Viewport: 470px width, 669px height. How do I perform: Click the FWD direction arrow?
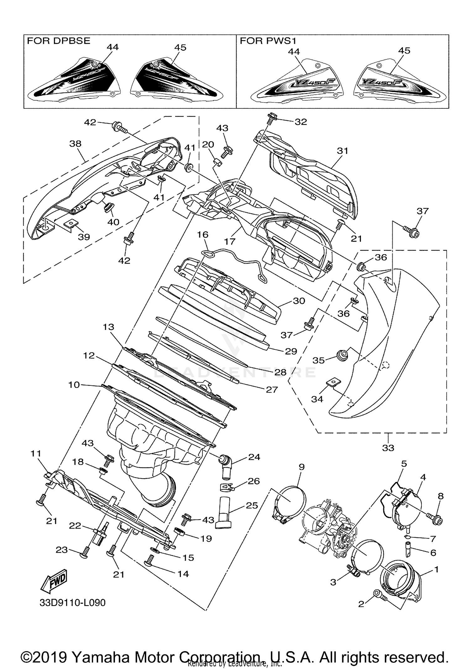pos(54,581)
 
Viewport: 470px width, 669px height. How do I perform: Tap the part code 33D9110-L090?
pos(72,603)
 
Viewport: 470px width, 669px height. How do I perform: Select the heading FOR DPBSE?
pos(59,41)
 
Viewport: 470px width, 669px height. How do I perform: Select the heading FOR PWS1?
pos(268,41)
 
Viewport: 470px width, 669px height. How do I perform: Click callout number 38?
pos(75,144)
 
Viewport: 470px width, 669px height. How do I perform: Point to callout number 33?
pos(388,448)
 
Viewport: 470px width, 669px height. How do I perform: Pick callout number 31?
pos(342,151)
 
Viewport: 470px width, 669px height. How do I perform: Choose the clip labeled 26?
pos(225,487)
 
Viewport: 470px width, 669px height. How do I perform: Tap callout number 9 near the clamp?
pos(301,467)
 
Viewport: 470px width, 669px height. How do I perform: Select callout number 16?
pos(203,235)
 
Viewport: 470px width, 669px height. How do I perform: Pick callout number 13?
pos(108,327)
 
